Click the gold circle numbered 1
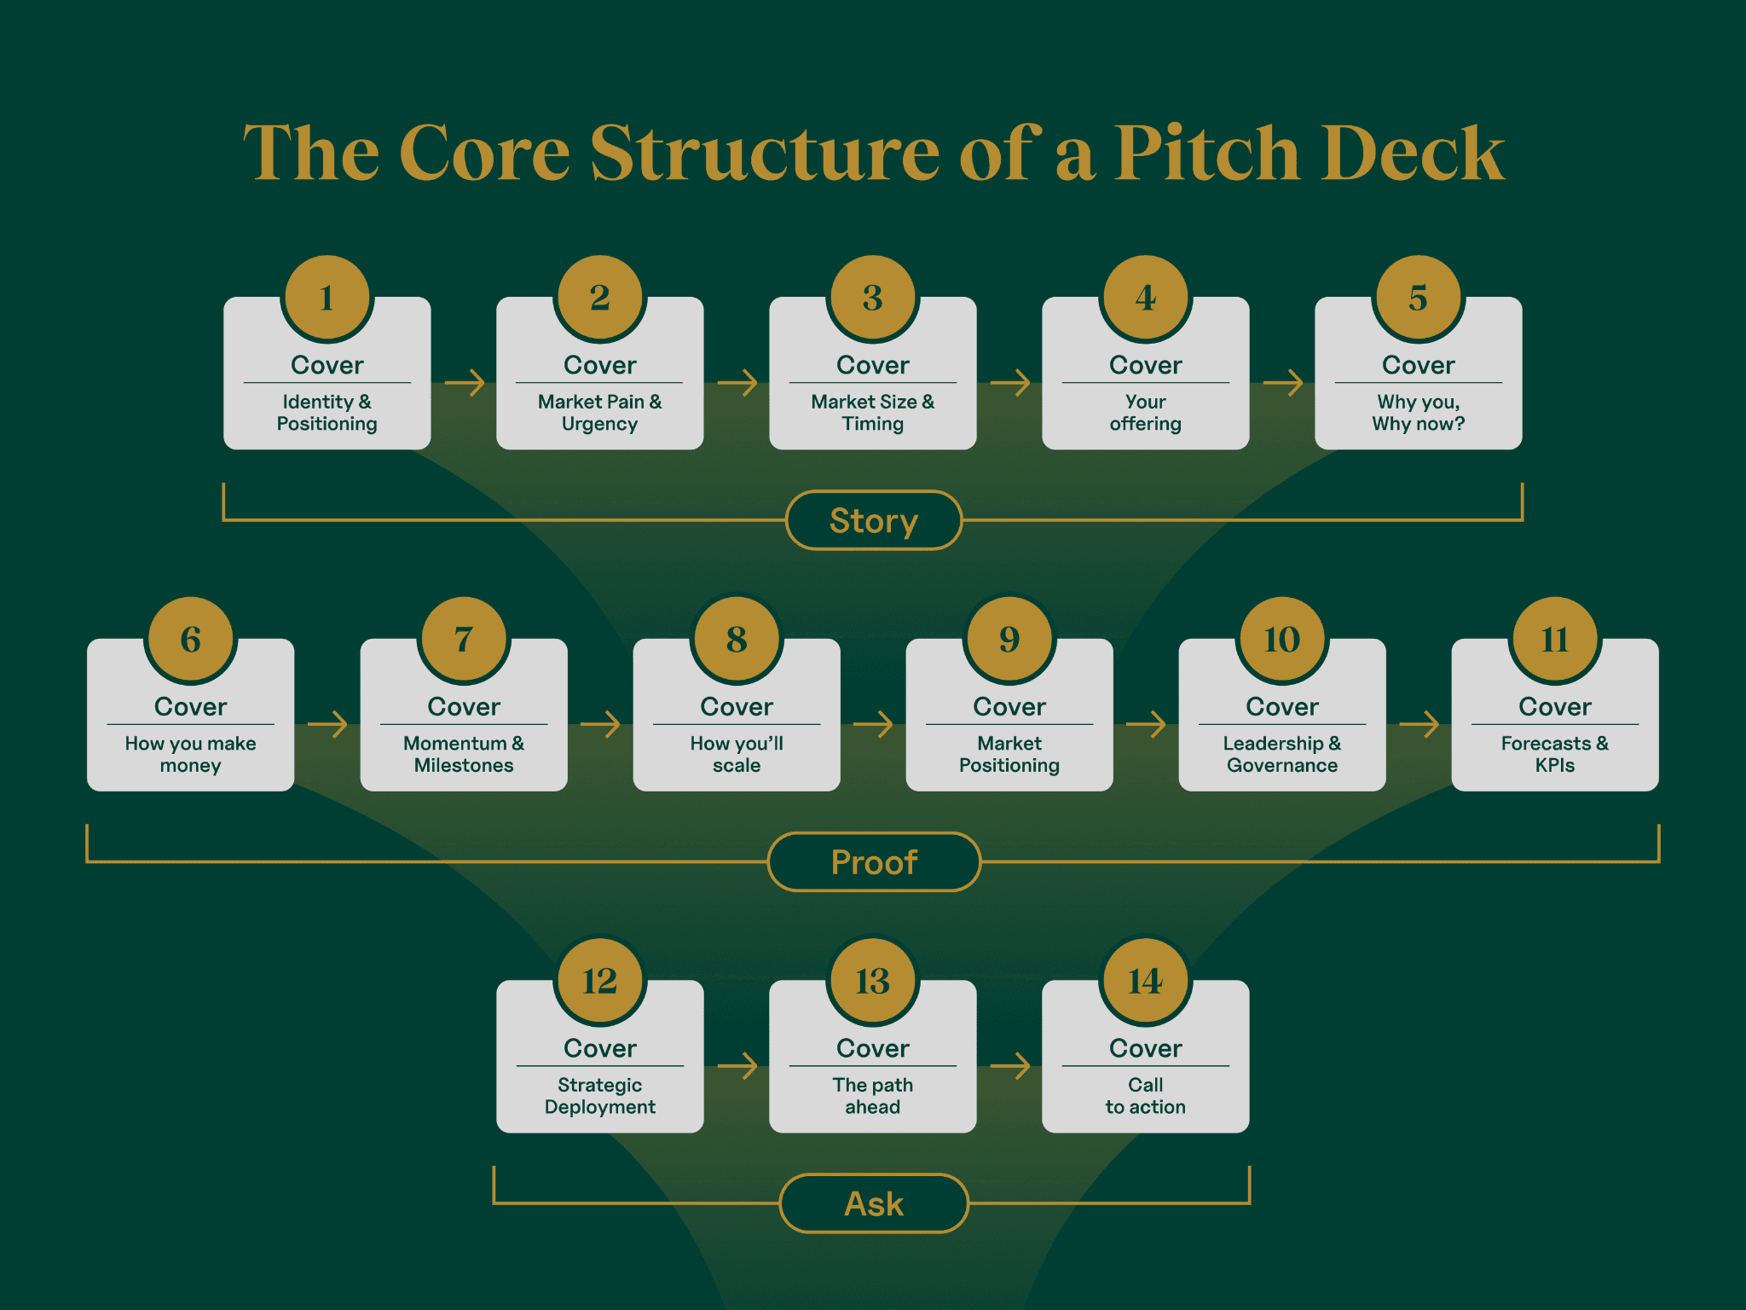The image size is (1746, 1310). click(327, 298)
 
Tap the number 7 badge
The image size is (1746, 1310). click(464, 640)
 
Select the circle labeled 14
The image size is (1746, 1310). click(1145, 981)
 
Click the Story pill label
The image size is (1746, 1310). click(874, 520)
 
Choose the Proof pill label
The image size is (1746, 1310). click(874, 862)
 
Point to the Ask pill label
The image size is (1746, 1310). click(874, 1203)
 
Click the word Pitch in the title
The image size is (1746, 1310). click(1205, 154)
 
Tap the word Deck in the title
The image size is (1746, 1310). click(1412, 154)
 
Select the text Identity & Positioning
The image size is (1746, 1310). click(327, 413)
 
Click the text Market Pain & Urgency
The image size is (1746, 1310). click(599, 413)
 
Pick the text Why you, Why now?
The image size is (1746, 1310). click(1418, 413)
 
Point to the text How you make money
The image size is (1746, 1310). click(190, 754)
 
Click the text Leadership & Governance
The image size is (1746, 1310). click(1281, 754)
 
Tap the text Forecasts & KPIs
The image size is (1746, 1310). click(1554, 754)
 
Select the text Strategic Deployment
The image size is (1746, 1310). click(599, 1096)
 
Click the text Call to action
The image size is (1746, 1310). click(1145, 1096)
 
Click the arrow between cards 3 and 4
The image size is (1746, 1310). click(1010, 382)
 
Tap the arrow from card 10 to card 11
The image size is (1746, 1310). click(1419, 724)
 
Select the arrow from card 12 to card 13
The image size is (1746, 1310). click(737, 1065)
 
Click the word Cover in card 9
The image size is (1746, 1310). click(1009, 706)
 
